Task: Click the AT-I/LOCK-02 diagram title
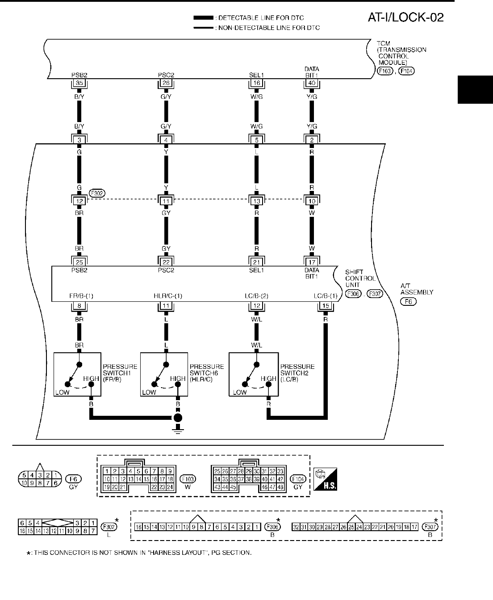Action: (405, 17)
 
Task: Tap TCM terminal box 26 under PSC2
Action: (166, 83)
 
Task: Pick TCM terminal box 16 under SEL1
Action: (256, 83)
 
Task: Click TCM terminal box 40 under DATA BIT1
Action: (312, 83)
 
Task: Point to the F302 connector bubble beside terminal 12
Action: (96, 194)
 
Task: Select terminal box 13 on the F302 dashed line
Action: (256, 201)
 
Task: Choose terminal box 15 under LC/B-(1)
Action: (325, 306)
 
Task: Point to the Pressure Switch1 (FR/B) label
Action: (120, 373)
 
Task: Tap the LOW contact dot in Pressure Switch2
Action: (244, 384)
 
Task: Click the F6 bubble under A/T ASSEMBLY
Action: (408, 302)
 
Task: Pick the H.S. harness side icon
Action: (326, 479)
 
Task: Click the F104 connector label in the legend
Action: (298, 479)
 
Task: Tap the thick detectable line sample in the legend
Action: (204, 18)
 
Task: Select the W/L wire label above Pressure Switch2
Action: (256, 345)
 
